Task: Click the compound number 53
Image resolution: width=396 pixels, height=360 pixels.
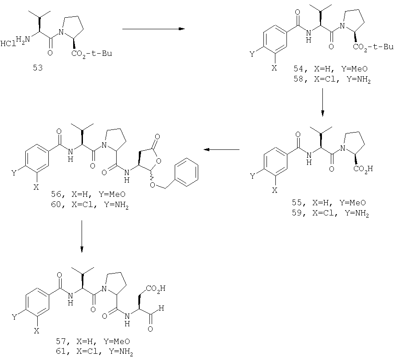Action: click(38, 68)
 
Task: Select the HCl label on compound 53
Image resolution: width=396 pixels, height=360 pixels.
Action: click(8, 44)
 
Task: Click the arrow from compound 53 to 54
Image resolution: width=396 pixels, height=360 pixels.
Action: click(153, 29)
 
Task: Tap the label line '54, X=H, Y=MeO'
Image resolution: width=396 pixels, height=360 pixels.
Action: click(330, 69)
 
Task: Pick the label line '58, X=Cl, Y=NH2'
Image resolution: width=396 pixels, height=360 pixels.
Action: click(332, 79)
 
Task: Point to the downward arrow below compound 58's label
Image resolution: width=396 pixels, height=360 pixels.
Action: click(322, 102)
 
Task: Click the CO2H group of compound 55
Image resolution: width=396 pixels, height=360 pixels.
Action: click(363, 168)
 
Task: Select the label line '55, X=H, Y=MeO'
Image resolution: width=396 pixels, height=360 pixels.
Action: click(329, 203)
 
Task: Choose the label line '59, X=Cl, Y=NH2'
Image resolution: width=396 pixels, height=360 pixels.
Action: click(330, 213)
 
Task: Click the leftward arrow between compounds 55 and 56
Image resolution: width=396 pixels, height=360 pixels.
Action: click(221, 150)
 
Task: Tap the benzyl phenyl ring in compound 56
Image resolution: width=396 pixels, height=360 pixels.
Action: click(187, 172)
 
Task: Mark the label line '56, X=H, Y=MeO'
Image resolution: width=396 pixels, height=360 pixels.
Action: click(88, 194)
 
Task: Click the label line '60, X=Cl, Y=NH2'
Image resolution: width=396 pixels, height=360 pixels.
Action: click(90, 205)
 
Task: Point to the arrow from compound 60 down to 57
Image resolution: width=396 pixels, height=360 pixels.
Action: click(82, 236)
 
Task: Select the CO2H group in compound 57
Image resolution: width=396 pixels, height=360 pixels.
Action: click(155, 288)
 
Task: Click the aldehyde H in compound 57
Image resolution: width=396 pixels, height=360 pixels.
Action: click(161, 308)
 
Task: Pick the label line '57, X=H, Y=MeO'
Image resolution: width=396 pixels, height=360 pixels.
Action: click(93, 341)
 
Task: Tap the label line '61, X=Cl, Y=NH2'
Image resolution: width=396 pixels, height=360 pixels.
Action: click(94, 352)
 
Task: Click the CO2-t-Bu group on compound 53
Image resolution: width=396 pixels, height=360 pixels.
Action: click(92, 54)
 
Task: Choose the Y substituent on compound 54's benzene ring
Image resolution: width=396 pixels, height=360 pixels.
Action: click(252, 54)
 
